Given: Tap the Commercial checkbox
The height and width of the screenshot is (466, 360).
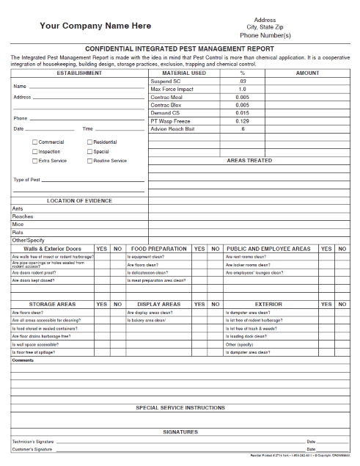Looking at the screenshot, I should click(34, 142).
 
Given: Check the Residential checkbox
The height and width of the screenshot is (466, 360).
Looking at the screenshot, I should click(89, 142).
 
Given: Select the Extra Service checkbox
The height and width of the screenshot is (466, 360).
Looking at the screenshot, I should click(34, 161).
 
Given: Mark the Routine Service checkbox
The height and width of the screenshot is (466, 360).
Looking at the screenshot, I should click(89, 161).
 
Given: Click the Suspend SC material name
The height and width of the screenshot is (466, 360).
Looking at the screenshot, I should click(165, 81).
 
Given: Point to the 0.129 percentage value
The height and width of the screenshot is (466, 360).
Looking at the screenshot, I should click(243, 121).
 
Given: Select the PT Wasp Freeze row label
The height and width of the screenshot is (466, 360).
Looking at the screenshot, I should click(170, 121).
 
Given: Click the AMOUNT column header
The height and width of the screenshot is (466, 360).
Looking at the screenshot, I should click(307, 73).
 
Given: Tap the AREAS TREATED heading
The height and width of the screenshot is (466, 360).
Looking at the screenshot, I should click(249, 160).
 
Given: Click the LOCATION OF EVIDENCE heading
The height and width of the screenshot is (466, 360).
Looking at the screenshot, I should click(79, 200).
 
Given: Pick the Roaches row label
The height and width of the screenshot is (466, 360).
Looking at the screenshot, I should click(23, 216).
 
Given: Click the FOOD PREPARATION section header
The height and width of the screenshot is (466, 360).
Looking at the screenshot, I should click(158, 249).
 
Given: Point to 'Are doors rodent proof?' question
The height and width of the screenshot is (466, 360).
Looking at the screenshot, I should click(33, 272).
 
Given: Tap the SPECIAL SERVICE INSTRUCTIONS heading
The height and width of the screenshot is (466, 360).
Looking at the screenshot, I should click(180, 407).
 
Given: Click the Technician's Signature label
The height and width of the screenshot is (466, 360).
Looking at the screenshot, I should click(33, 442).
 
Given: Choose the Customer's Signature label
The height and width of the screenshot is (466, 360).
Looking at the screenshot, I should click(32, 449).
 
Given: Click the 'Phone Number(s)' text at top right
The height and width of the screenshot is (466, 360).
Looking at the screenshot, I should click(265, 35).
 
